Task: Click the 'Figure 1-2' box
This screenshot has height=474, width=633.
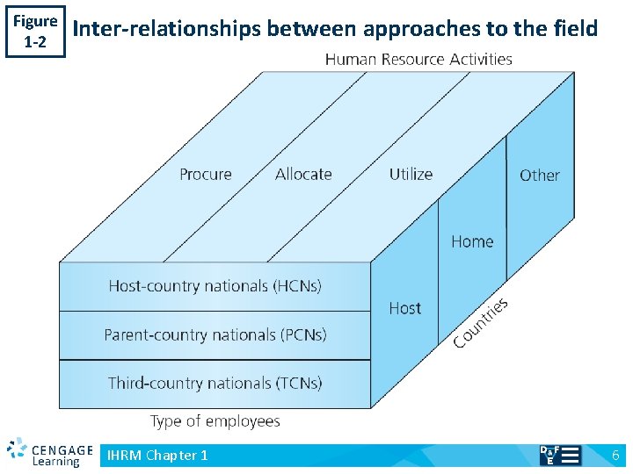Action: (35, 31)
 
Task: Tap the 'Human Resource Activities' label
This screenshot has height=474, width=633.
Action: (418, 60)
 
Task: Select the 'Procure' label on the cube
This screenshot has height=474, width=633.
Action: (206, 174)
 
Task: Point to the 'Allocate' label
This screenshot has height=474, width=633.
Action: (303, 174)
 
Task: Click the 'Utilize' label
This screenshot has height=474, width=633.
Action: (411, 174)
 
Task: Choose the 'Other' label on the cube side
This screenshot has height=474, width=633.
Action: (539, 176)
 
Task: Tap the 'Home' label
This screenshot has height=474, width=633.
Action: (472, 241)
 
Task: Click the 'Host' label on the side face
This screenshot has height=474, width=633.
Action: (404, 308)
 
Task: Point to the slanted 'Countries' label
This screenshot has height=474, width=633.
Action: (481, 322)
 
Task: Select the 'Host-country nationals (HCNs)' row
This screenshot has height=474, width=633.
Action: (215, 286)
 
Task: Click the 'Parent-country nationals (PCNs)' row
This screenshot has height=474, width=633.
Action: (215, 334)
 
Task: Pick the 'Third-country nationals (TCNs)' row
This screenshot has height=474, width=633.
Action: (215, 383)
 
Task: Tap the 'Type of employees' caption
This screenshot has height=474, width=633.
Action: (215, 421)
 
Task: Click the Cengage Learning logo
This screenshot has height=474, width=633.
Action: (50, 453)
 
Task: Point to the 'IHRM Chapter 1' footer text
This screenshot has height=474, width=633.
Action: (157, 455)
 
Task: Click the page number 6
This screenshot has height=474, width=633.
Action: (615, 455)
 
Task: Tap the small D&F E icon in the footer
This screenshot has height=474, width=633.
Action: (559, 455)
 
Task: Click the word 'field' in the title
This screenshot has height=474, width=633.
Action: (575, 29)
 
